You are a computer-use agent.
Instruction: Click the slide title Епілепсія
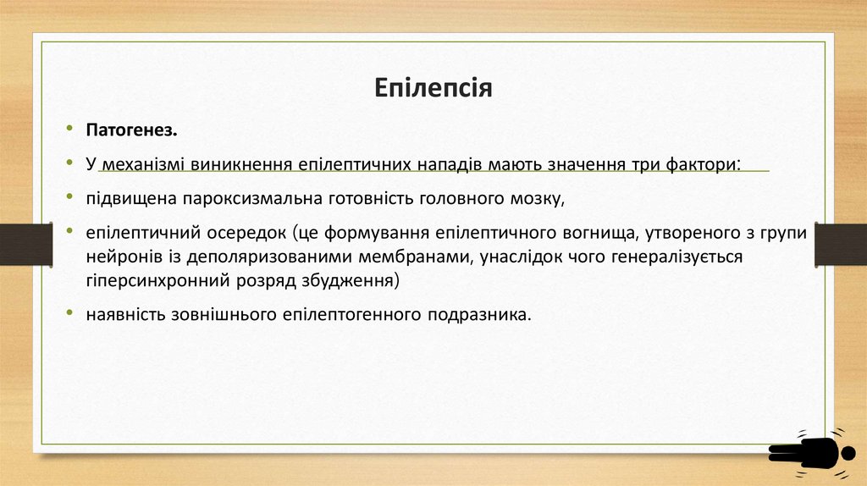433,88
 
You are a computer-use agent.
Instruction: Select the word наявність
126,314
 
